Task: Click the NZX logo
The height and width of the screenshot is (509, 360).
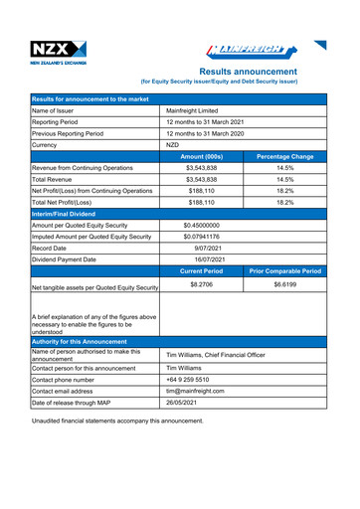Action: tap(59, 52)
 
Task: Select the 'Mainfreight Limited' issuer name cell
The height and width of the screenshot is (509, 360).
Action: tap(199, 110)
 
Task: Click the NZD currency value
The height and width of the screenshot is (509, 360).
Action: tap(175, 145)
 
